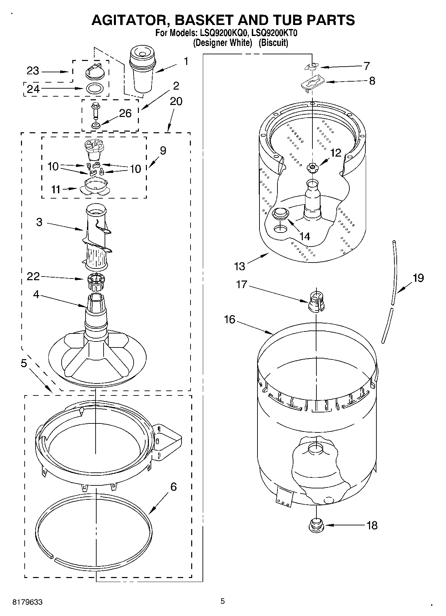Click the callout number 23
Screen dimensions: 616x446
click(33, 71)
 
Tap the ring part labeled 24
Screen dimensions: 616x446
click(95, 89)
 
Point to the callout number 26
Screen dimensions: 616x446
click(125, 114)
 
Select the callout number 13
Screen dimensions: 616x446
click(239, 266)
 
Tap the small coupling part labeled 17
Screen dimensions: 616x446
click(316, 302)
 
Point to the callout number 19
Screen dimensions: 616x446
click(418, 278)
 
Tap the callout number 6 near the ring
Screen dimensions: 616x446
click(174, 487)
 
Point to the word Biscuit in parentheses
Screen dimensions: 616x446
click(273, 43)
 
